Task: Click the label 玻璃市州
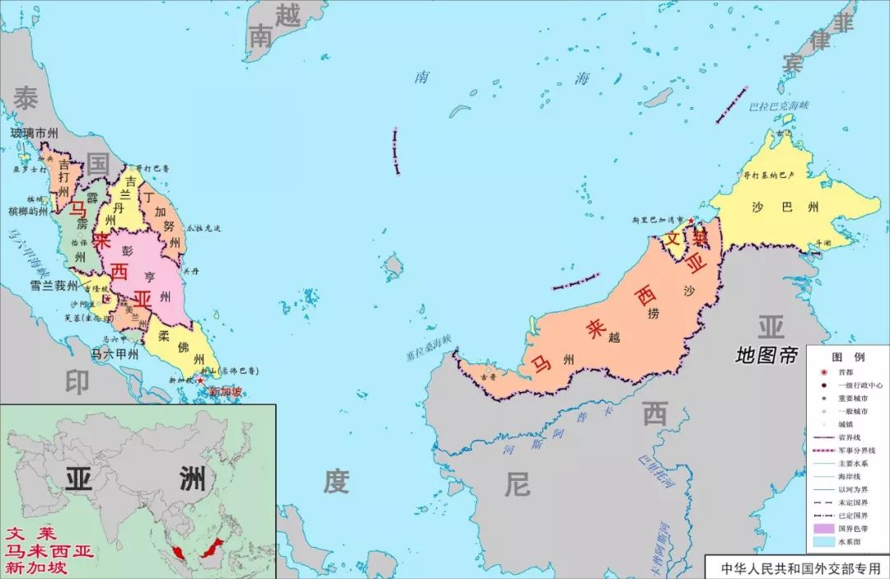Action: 34,133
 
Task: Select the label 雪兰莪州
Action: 54,286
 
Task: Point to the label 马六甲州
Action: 115,353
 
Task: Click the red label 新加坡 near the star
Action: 226,391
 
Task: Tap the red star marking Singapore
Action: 200,381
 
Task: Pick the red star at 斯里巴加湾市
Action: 691,221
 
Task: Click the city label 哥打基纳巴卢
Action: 768,175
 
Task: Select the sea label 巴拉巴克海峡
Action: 780,107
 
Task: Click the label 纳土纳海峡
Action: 428,347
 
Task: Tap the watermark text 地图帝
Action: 767,356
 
